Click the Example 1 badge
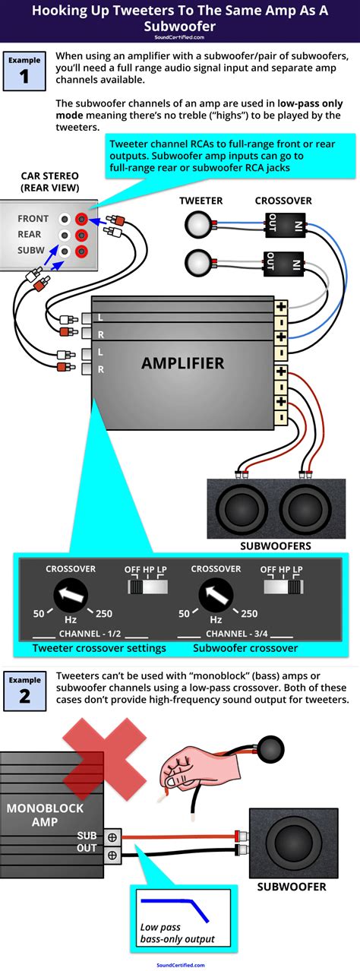[x=24, y=71]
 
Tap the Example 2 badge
[x=24, y=689]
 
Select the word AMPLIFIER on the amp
[x=182, y=363]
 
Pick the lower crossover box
[x=286, y=264]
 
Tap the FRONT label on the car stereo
[x=33, y=219]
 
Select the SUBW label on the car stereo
[x=33, y=251]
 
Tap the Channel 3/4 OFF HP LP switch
[x=283, y=587]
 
